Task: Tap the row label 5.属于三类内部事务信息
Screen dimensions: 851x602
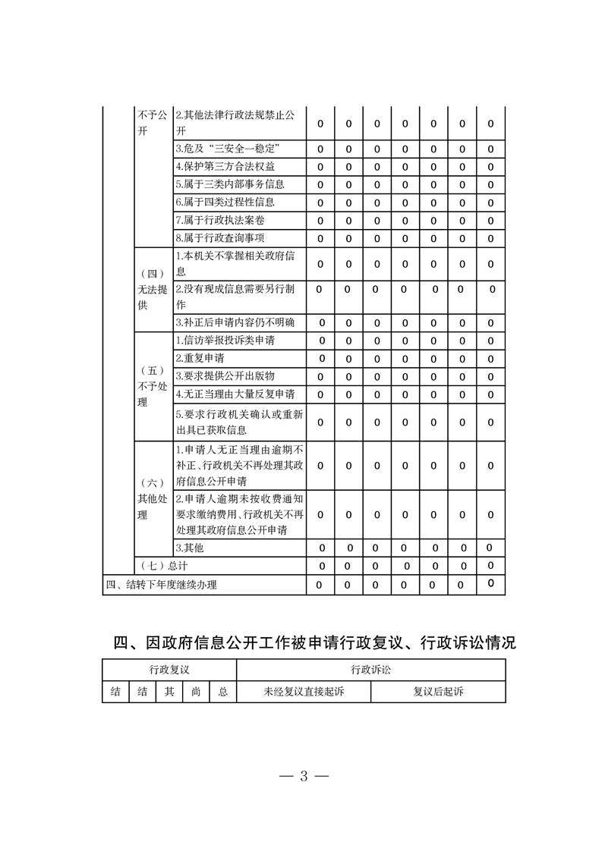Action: tap(229, 184)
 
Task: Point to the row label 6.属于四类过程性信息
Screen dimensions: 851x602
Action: tap(225, 203)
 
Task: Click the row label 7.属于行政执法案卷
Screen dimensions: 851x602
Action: tap(220, 221)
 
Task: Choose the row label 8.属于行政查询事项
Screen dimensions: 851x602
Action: tap(220, 239)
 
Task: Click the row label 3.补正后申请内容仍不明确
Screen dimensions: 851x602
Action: tap(235, 322)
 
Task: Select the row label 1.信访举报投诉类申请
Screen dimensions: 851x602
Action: tap(225, 341)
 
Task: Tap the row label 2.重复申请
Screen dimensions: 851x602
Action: tap(200, 358)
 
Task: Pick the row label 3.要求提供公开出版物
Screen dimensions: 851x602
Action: tap(225, 376)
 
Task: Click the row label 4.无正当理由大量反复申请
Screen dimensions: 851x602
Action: tap(235, 394)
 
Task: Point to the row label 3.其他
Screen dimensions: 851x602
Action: tap(190, 547)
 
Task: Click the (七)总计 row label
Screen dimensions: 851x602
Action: tap(164, 566)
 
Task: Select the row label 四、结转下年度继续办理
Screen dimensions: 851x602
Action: tap(161, 585)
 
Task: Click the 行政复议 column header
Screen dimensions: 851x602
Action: tap(169, 670)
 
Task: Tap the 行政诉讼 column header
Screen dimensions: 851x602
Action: tap(370, 670)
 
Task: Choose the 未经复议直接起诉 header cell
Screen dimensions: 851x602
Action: tap(304, 692)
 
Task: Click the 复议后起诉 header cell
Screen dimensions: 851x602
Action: tap(438, 692)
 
